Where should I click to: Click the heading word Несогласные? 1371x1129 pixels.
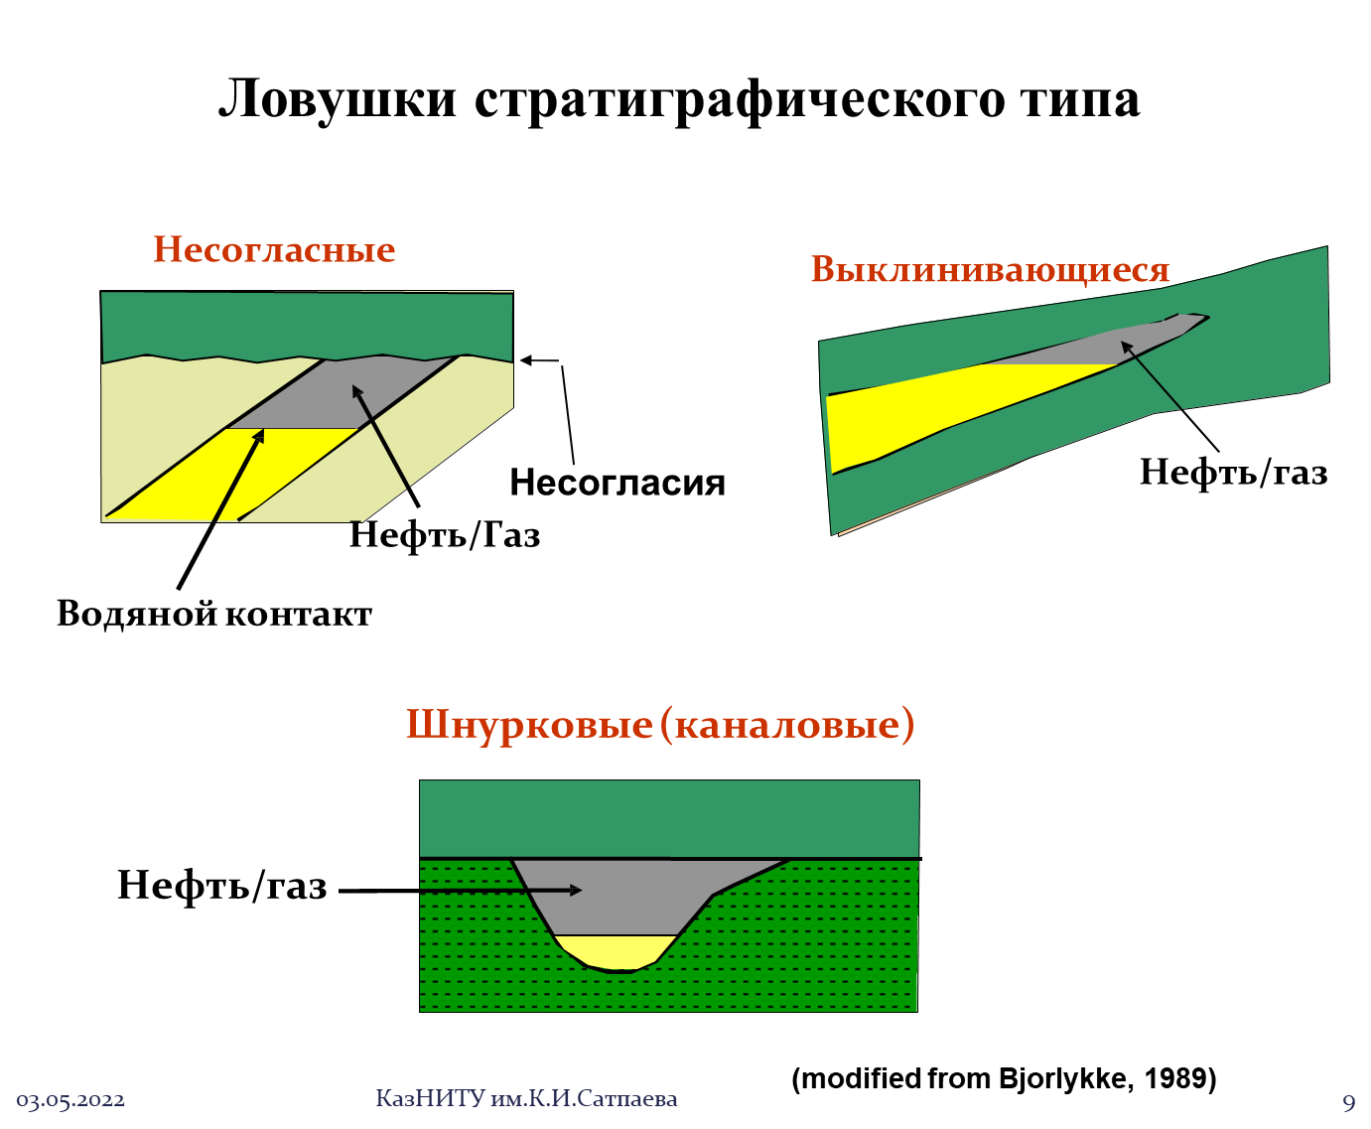click(x=274, y=250)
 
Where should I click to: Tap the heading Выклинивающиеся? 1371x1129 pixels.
click(x=990, y=270)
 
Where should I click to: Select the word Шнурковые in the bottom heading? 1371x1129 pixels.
click(x=529, y=726)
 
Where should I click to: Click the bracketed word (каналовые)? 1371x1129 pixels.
click(x=786, y=726)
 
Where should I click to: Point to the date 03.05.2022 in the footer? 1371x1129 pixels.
click(x=70, y=1101)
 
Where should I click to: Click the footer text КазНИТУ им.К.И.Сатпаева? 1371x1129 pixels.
click(x=526, y=1099)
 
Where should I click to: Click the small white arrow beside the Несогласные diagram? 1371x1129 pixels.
click(x=539, y=360)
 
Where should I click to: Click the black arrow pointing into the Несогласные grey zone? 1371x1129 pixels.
click(x=381, y=437)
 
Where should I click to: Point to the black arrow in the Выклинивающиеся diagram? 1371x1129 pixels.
click(x=1152, y=376)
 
